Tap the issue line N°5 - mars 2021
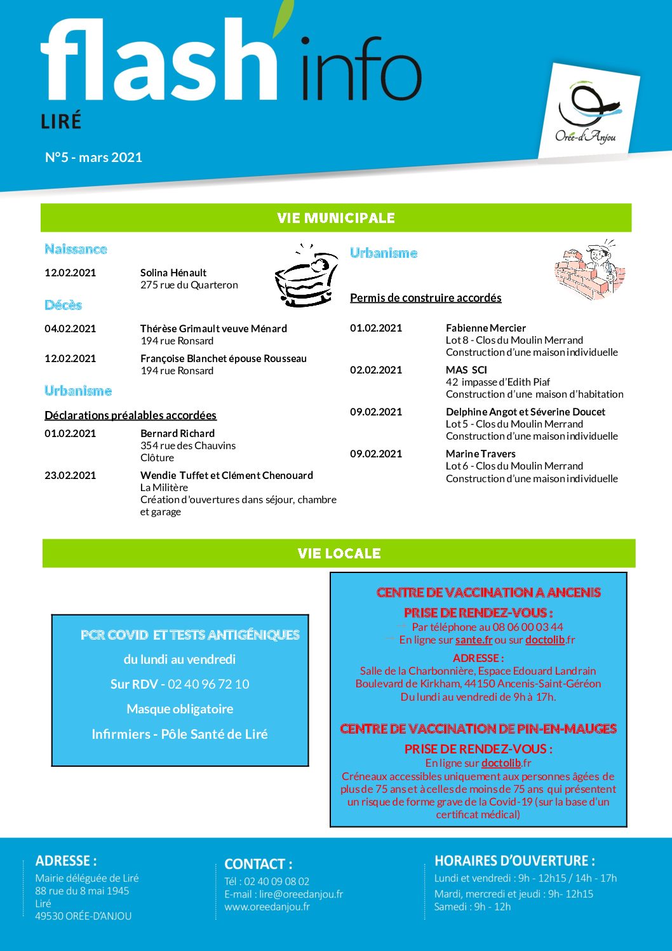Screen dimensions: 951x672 (x=93, y=158)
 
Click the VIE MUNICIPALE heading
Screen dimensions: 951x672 (x=336, y=218)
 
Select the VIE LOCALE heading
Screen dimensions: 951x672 (x=339, y=553)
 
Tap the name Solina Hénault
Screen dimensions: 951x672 (x=173, y=273)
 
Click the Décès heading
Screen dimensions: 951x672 (x=63, y=305)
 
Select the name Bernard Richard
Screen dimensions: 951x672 (x=177, y=433)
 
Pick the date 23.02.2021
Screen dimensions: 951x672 (x=70, y=475)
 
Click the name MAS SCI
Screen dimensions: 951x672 (x=466, y=370)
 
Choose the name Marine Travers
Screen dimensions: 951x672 (x=480, y=454)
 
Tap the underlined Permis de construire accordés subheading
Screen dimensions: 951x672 (x=426, y=297)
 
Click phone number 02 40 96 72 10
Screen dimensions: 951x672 (x=208, y=684)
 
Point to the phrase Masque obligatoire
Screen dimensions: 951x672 (x=180, y=709)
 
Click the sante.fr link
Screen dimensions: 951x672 (x=474, y=640)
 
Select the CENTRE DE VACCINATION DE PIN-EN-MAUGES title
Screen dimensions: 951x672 (x=478, y=729)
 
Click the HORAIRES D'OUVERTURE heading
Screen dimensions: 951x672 (x=514, y=861)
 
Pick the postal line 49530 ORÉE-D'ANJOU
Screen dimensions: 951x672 (x=83, y=916)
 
